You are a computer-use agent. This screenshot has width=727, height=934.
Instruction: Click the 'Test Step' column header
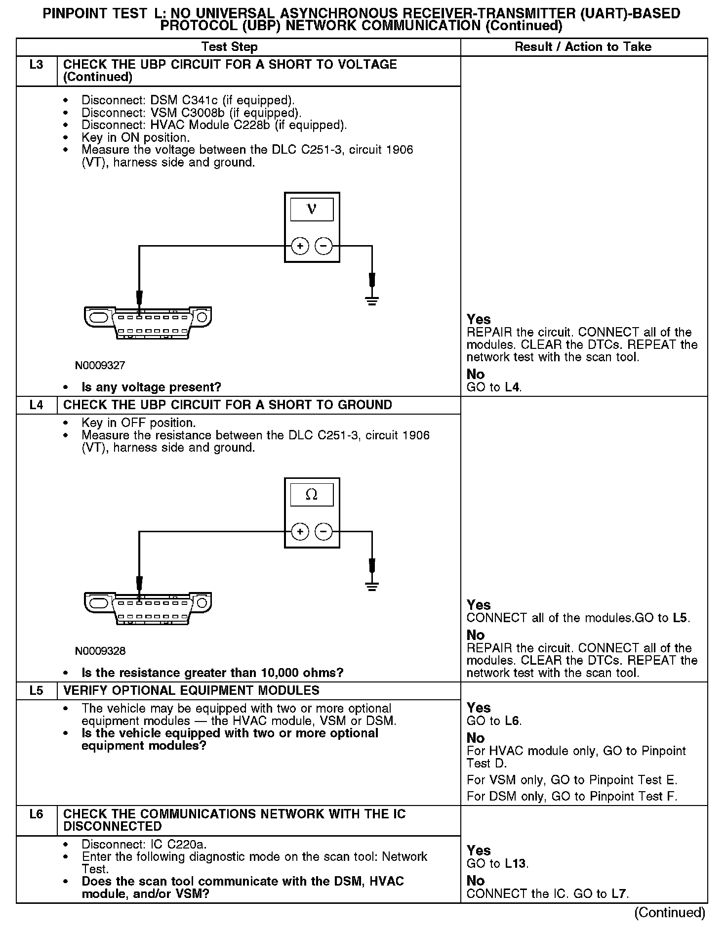tap(229, 47)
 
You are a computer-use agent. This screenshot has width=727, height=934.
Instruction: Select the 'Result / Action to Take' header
tap(583, 47)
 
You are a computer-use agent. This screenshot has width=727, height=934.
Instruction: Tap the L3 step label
tap(37, 65)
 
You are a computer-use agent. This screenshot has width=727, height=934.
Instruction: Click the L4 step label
tap(37, 405)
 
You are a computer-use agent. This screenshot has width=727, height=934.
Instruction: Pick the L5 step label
tap(37, 691)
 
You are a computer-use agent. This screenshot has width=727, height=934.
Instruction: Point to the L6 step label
tap(37, 814)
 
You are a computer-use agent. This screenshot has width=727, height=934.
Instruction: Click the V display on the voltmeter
tap(312, 209)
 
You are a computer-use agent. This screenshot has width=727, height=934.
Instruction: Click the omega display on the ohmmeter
tap(312, 495)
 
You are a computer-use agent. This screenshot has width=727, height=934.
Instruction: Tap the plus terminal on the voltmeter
tap(300, 246)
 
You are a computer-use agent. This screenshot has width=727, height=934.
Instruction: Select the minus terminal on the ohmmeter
tap(323, 532)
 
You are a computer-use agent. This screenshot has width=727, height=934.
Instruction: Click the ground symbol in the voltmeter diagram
tap(372, 299)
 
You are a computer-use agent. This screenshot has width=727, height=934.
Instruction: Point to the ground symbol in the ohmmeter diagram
tap(372, 586)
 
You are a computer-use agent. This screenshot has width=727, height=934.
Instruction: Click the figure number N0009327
tap(100, 366)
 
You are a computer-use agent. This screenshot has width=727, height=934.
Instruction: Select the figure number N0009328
tap(100, 651)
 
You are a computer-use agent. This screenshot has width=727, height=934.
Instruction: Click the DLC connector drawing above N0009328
tap(148, 609)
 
